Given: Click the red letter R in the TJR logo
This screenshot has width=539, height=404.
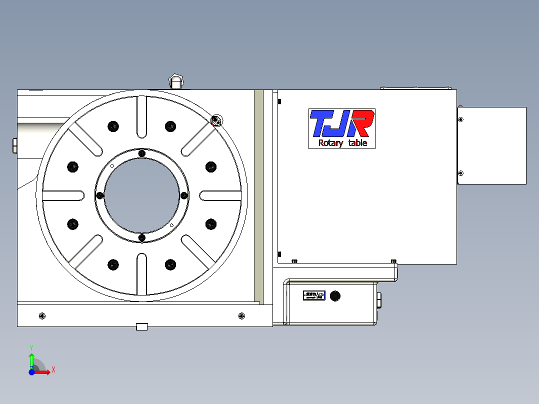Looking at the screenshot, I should coord(362,124).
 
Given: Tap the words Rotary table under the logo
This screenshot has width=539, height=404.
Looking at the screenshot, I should coord(342,143).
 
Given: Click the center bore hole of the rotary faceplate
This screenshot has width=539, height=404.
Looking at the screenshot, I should coord(141,195).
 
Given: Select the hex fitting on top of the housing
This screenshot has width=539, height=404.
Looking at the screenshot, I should coord(175,80).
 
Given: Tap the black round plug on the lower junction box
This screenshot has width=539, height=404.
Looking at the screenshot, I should coord(335,295).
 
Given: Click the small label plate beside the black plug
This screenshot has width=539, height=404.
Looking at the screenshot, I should coord(314,295).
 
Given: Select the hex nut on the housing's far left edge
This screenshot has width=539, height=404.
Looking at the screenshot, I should coord(14,145).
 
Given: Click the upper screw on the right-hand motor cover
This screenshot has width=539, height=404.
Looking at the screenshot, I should coord(460,119).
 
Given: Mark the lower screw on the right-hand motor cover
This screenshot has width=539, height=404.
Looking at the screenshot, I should coord(460,173).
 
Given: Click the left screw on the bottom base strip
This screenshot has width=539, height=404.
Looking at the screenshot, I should coord(41,315).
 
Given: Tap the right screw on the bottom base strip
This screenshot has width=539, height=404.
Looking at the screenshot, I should coord(242,315).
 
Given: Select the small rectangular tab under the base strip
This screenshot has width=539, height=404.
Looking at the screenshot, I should coord(142,327).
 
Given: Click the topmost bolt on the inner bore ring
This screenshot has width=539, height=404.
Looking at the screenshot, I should coord(141,153).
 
